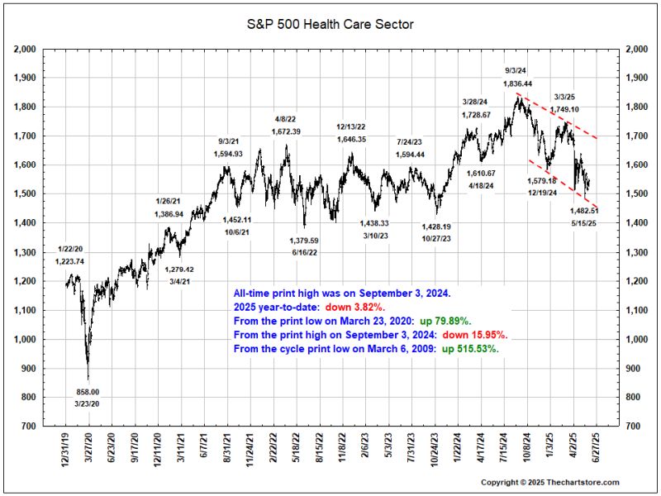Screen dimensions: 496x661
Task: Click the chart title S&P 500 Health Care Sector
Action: coord(330,24)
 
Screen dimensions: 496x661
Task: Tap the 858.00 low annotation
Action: coord(88,392)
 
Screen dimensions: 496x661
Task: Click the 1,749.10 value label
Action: coord(565,109)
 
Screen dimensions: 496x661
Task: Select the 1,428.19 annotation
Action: coord(436,227)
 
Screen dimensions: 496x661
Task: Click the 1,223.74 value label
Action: coord(70,261)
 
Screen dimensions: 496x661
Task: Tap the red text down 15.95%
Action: coord(479,334)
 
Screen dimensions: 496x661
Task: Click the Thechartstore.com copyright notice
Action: coord(549,482)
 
